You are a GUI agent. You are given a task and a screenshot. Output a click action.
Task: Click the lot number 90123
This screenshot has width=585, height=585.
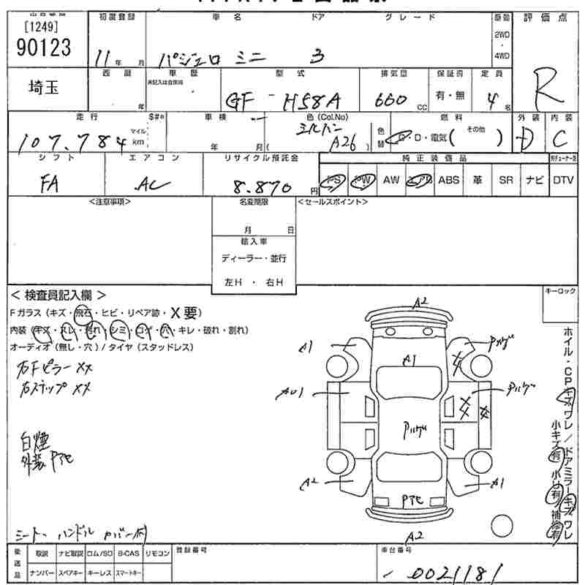click(43, 48)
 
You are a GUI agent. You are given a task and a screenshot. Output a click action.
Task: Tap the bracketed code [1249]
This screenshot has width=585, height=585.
click(42, 28)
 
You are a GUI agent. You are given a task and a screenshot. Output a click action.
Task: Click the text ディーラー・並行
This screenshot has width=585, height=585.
click(254, 258)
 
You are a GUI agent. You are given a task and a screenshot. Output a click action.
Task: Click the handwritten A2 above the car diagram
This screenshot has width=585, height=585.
click(420, 301)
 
